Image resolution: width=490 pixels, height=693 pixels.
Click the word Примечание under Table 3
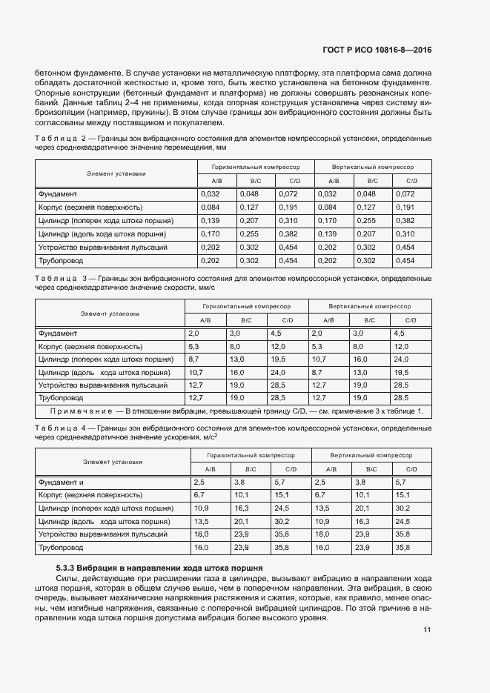point(79,411)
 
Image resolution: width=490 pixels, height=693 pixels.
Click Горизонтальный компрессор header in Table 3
point(247,305)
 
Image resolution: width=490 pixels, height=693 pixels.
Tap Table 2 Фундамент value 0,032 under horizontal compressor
point(211,193)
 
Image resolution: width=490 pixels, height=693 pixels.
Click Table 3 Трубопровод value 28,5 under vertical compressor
point(401,397)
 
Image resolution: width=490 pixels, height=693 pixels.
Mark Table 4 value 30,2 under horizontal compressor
point(281,521)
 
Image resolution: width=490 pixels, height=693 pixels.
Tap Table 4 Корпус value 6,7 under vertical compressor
point(321,494)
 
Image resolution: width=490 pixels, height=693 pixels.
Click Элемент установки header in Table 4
point(113,462)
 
